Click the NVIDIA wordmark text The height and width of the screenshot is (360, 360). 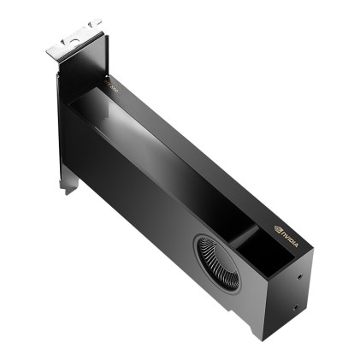(290, 232)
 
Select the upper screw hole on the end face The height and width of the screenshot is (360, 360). (298, 276)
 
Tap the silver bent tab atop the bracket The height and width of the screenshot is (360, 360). (74, 38)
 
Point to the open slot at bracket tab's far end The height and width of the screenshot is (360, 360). (93, 22)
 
